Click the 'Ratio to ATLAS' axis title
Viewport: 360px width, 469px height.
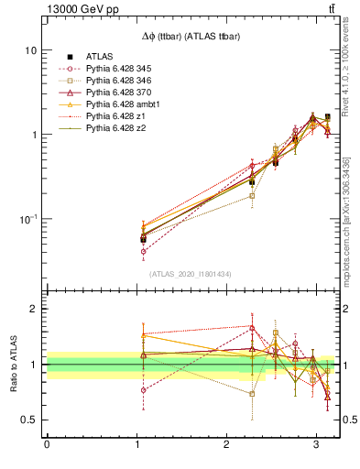pyautogui.click(x=14, y=364)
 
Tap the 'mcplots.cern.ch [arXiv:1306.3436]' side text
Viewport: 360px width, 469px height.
pyautogui.click(x=347, y=219)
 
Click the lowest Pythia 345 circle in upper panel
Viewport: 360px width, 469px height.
pyautogui.click(x=143, y=251)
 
